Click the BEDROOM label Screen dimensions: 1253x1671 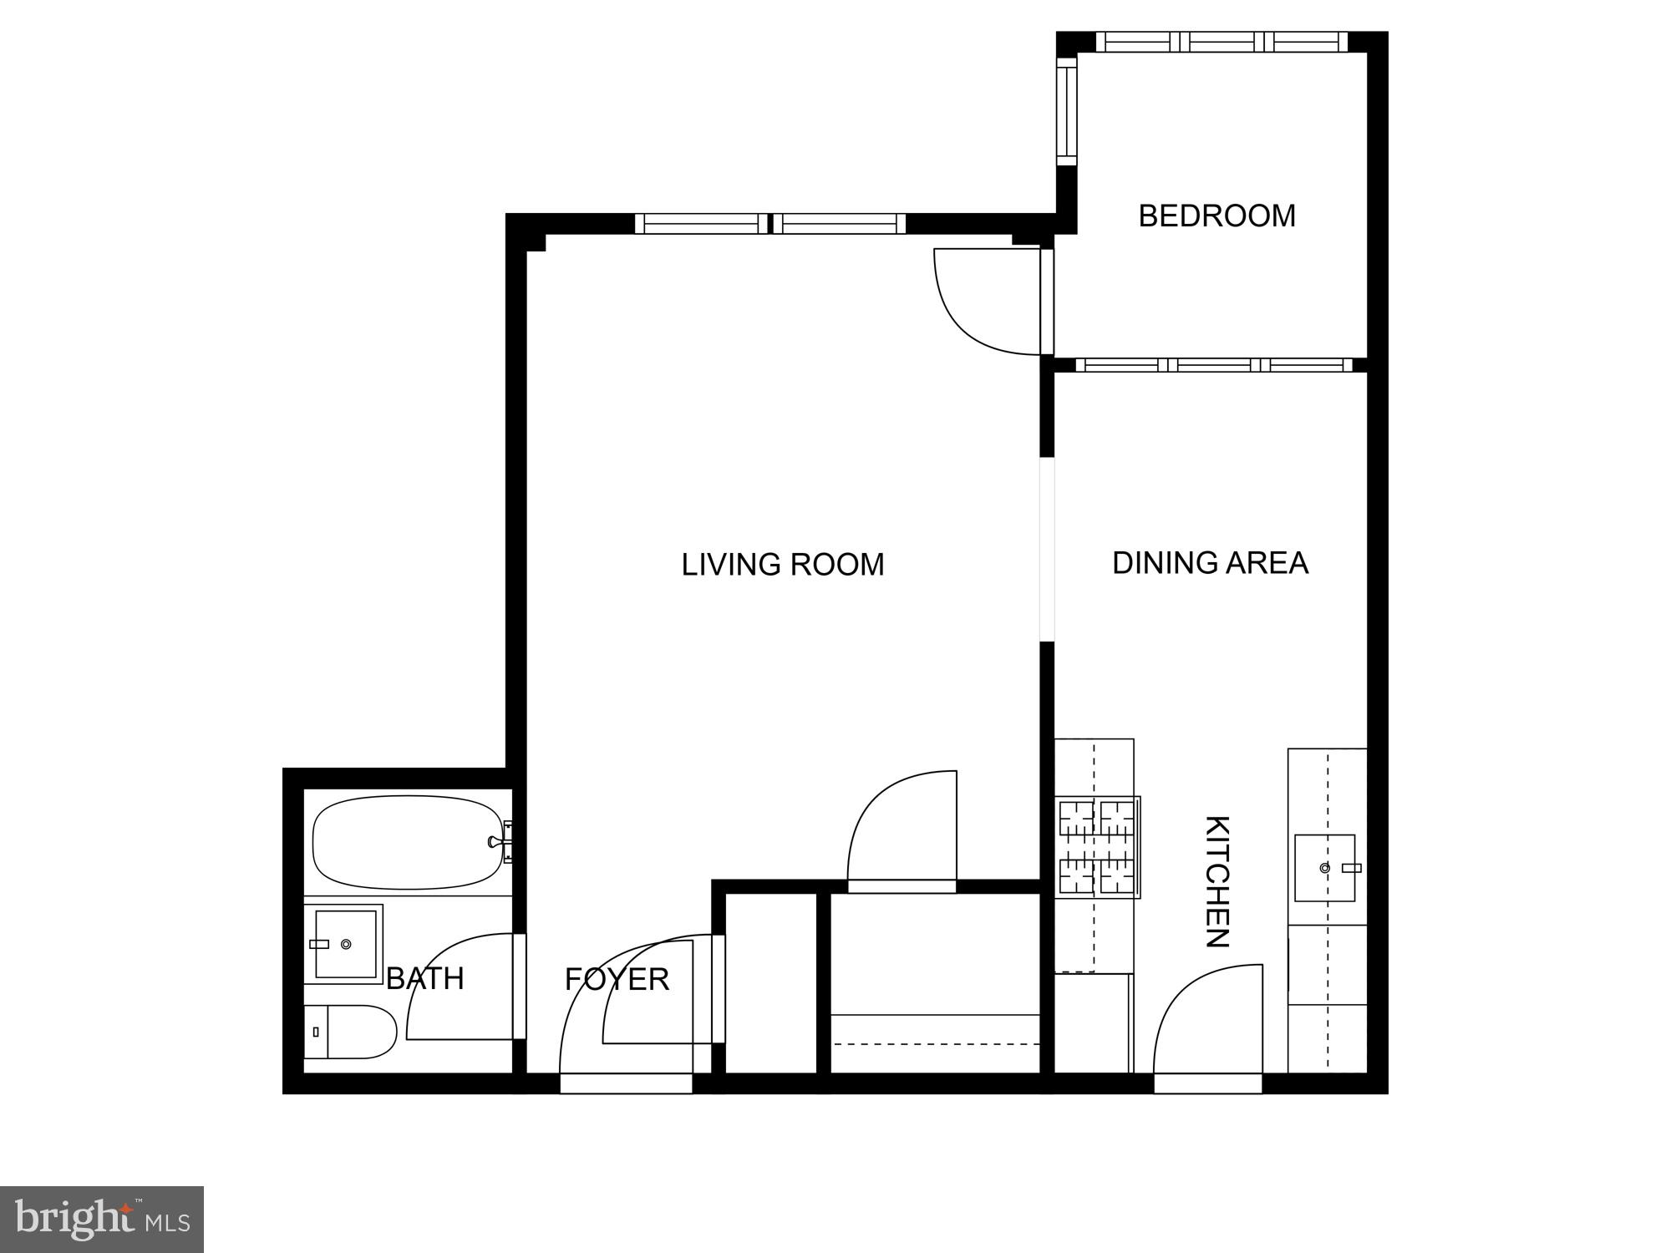[1216, 216]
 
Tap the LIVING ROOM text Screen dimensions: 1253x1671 [782, 565]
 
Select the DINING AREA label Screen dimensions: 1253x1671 [1209, 563]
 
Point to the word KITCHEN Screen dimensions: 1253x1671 [1217, 881]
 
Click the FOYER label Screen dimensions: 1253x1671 [617, 979]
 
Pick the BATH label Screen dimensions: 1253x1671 [424, 978]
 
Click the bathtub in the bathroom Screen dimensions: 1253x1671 [407, 842]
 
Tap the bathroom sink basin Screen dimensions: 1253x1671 [345, 944]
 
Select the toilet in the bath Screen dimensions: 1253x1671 [351, 1032]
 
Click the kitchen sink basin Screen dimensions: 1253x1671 [1324, 868]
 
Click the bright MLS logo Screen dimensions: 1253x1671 [102, 1219]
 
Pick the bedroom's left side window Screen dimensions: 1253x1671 [1067, 112]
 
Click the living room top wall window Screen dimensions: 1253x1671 [769, 224]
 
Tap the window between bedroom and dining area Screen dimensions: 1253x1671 [1213, 365]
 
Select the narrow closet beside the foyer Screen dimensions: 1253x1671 [770, 983]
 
